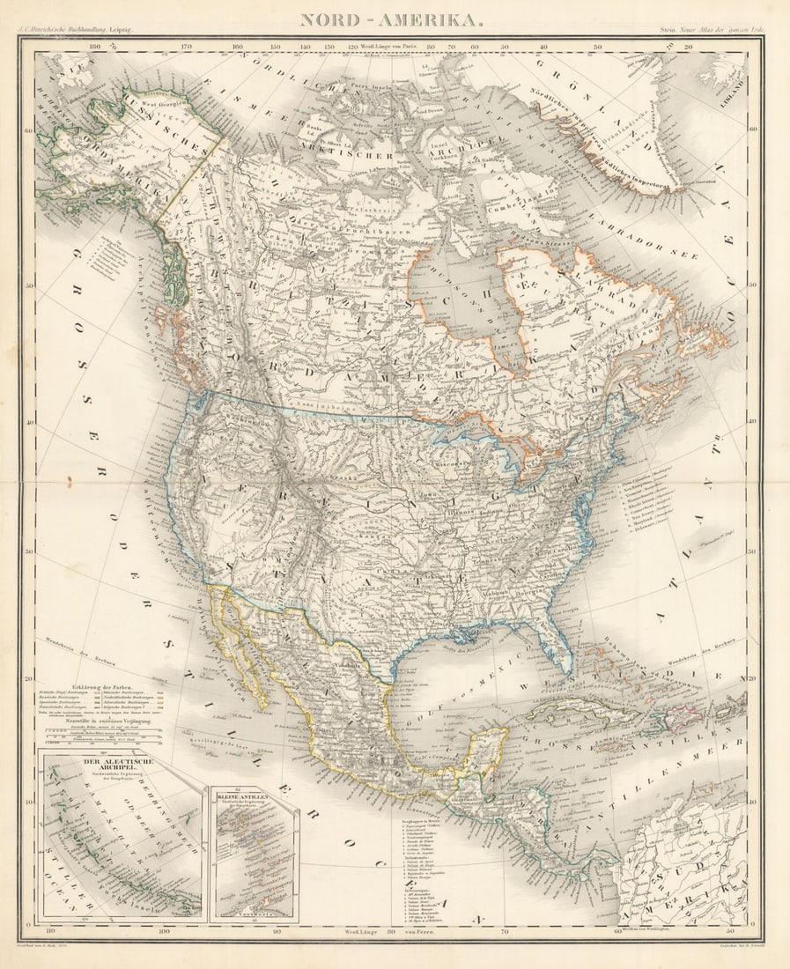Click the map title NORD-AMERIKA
click(x=391, y=19)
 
